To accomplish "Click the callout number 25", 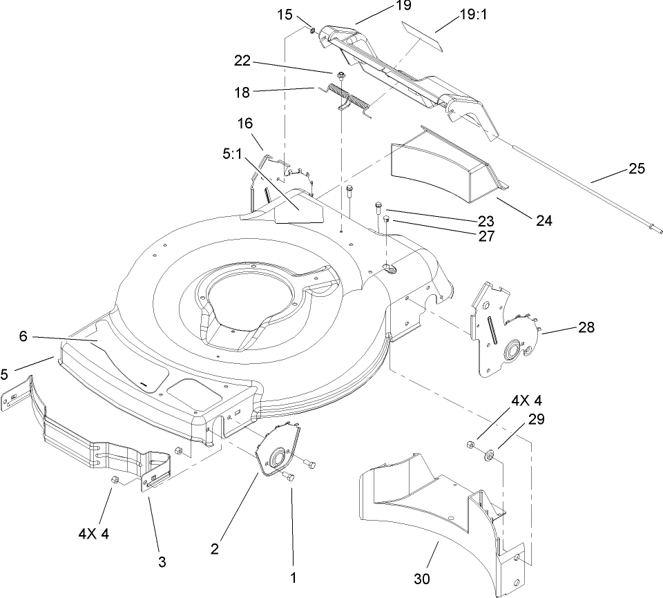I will point(637,168).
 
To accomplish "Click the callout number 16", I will point(245,124).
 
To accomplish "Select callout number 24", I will point(544,222).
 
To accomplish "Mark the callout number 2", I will point(216,549).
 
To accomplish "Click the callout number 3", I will point(162,562).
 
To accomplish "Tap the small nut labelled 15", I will point(312,30).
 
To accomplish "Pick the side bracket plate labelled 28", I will point(505,328).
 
